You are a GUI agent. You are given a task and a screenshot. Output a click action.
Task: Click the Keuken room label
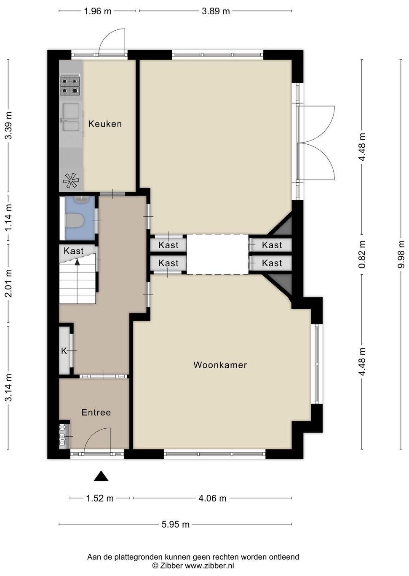pos(105,124)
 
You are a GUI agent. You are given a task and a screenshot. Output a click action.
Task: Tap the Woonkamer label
pos(220,365)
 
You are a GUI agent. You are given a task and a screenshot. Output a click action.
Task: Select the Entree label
pos(96,412)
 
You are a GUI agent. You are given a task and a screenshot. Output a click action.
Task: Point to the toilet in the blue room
pos(75,221)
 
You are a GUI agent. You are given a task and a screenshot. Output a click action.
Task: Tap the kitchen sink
pos(71,117)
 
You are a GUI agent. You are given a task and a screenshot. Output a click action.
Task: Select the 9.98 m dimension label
pos(401,254)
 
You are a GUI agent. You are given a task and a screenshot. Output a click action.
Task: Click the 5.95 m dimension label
pos(176,524)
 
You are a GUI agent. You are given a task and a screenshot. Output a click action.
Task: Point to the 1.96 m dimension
pos(98,11)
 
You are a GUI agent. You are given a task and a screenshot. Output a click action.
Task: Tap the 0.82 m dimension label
pos(362,254)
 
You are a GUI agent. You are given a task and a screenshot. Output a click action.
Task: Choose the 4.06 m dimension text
pos(212,499)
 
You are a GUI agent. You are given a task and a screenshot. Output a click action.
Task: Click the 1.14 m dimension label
pos(8,218)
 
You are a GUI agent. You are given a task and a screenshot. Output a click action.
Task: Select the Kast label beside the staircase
pos(74,251)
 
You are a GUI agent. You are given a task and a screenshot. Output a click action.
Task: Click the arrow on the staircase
pos(77,262)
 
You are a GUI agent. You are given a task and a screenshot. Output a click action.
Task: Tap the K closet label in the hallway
pos(64,350)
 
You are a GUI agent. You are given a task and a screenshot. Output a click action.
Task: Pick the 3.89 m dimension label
pos(216,11)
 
